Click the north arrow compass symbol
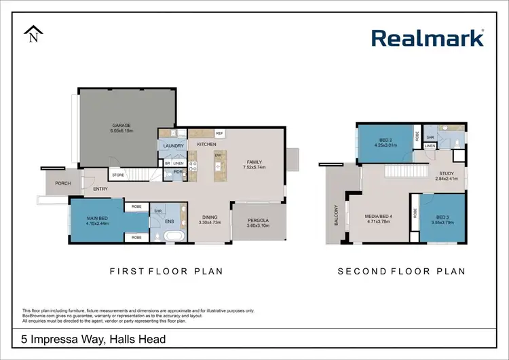point(33,35)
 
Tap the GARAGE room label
point(121,125)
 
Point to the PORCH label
point(54,182)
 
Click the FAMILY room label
point(254,162)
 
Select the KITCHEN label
point(206,145)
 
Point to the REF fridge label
point(219,133)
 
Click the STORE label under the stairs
point(117,175)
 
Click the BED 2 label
point(384,140)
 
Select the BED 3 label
point(443,217)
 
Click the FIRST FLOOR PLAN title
point(166,271)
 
